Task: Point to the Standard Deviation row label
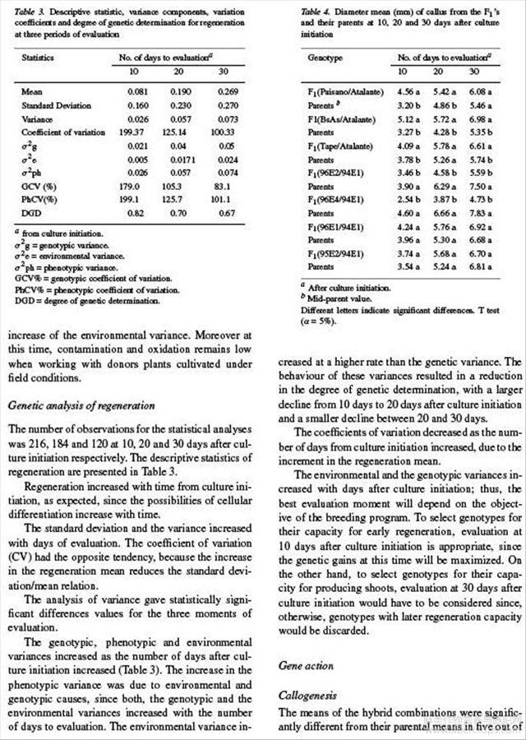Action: [56, 105]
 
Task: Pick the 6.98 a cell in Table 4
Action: [482, 119]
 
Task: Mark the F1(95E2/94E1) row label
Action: [338, 254]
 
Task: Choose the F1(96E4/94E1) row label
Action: [338, 200]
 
